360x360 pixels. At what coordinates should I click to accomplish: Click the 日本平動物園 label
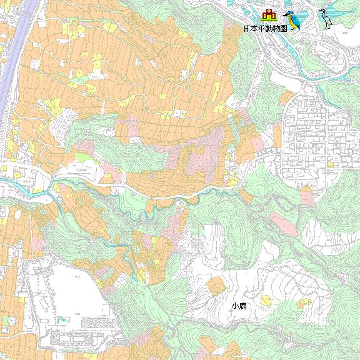coord(264,29)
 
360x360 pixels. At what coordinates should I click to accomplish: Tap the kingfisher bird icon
coord(292,20)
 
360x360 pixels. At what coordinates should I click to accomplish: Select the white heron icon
coord(325,18)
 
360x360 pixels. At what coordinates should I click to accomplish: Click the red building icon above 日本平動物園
coord(269,15)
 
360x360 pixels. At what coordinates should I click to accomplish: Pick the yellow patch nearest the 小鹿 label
coord(267,301)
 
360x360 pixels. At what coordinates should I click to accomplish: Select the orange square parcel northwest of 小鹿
coord(216,286)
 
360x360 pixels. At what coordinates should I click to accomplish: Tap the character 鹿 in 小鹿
coord(242,306)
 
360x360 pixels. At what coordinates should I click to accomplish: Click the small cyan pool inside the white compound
coord(62,321)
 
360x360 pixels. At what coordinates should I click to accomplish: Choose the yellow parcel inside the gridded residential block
coord(329,165)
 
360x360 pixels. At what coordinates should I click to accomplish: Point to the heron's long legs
coord(326,24)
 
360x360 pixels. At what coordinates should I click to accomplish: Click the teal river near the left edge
coord(19,185)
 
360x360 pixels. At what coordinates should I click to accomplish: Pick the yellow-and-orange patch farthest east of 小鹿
coord(304,303)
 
